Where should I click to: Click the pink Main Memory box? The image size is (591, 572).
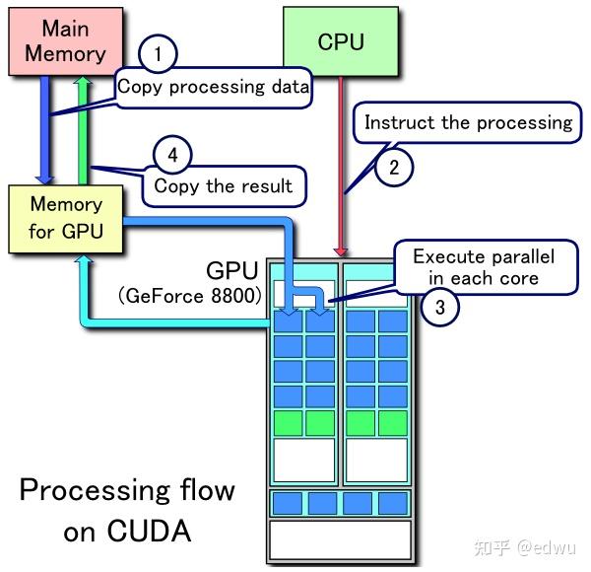point(64,39)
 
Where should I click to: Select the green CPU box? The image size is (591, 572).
point(340,41)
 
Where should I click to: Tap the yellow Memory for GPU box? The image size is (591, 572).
point(65,218)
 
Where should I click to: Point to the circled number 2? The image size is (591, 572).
point(394,166)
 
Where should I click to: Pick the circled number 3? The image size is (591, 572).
point(440,307)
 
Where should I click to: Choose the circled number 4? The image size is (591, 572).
point(172,154)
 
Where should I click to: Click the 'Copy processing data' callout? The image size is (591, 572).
point(213,87)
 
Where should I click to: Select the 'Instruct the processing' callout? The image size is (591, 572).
point(468,123)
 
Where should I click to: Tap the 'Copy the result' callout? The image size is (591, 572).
point(223,185)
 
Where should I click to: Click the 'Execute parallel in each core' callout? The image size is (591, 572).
point(483,267)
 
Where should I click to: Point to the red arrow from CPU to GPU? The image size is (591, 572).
point(342,168)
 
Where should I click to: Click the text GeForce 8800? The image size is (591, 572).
point(190,296)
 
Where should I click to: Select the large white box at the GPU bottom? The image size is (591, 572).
point(340,540)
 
